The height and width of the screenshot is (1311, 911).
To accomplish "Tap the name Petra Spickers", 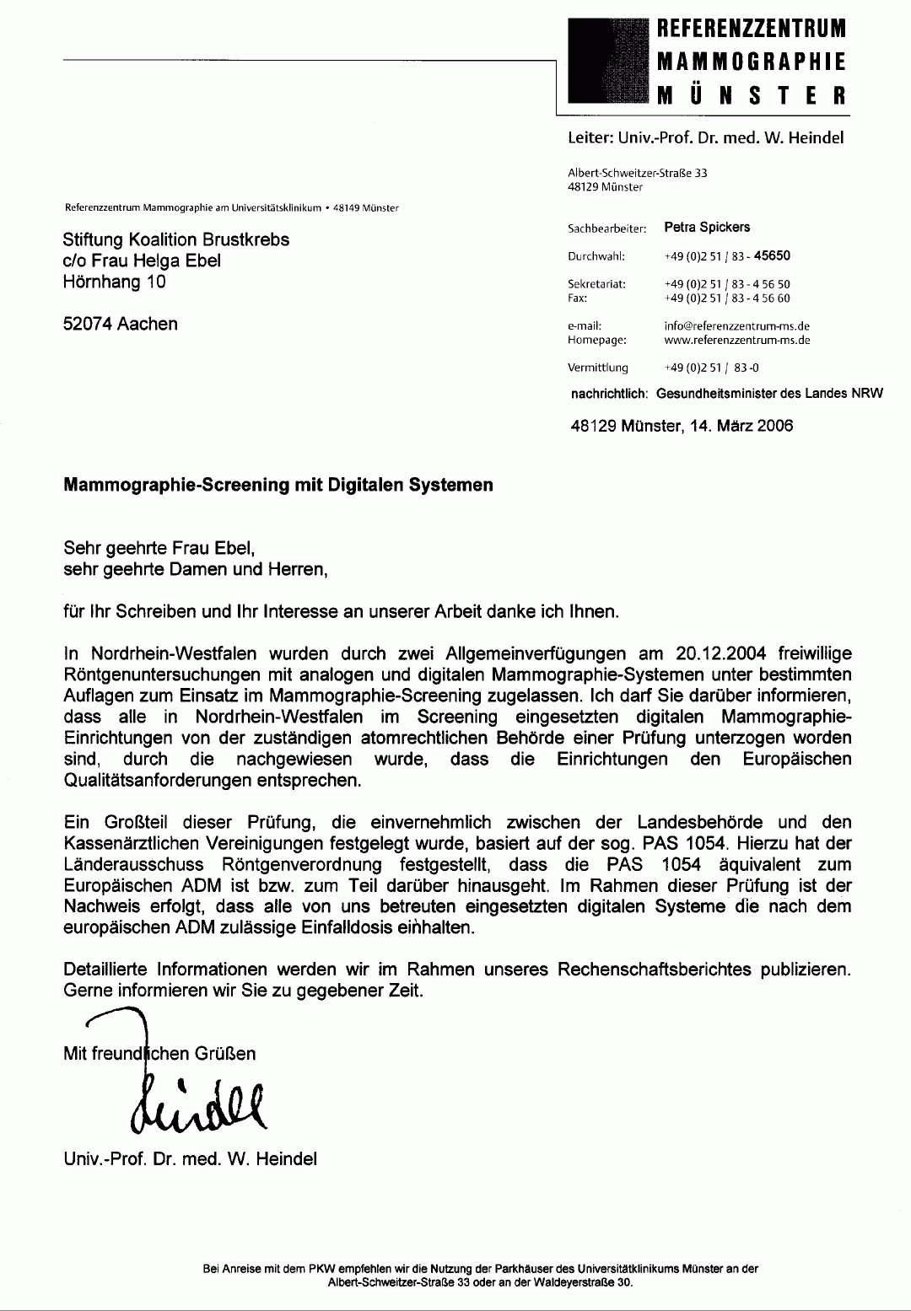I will coord(707,227).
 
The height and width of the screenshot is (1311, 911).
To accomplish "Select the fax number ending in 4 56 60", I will coord(727,298).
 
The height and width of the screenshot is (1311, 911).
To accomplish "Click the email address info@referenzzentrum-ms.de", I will coord(737,326).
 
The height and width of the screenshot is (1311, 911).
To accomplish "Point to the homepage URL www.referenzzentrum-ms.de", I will coord(737,341).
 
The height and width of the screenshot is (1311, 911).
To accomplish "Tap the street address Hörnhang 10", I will coord(115,282).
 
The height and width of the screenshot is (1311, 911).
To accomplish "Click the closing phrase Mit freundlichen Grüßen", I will coord(160,1053).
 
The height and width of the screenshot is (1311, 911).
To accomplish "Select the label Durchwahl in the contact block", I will coord(596,256).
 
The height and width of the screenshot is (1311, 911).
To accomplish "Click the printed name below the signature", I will coord(191,1158).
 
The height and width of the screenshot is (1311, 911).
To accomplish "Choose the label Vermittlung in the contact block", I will coord(598,368).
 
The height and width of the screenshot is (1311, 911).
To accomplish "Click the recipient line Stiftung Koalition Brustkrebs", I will coord(176,239).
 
